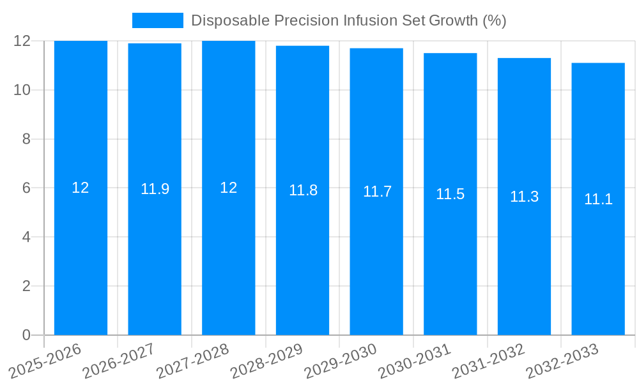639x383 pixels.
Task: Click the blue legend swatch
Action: click(x=157, y=20)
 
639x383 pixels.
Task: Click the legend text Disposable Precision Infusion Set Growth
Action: click(x=348, y=20)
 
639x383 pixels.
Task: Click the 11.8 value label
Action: click(x=303, y=190)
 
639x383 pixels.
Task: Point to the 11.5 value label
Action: click(x=450, y=194)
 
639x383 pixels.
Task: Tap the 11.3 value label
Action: click(x=524, y=197)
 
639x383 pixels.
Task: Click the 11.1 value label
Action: click(x=598, y=199)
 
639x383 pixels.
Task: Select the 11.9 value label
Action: click(x=155, y=189)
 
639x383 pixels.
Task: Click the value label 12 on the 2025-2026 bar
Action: click(x=81, y=188)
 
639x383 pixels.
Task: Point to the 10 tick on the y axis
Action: click(x=22, y=90)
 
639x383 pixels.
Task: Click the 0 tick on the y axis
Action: click(x=26, y=335)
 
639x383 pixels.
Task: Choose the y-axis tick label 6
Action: click(x=26, y=188)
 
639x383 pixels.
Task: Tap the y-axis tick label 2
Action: click(x=26, y=286)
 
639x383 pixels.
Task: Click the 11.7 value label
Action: click(x=377, y=191)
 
